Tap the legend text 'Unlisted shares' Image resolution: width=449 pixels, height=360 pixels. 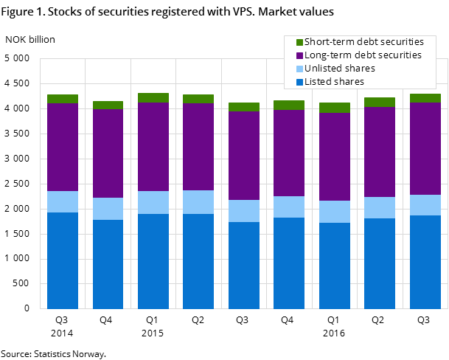coord(340,69)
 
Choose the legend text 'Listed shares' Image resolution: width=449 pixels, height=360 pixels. coord(334,82)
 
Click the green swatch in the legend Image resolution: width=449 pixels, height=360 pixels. coord(299,42)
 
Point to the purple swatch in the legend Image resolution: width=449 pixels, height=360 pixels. coord(299,55)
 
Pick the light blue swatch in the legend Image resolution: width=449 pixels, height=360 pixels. coord(299,69)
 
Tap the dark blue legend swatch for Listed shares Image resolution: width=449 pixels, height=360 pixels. coord(299,82)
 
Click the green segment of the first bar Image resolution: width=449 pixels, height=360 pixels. coord(63,99)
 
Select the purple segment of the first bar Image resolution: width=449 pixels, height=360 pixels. coord(63,147)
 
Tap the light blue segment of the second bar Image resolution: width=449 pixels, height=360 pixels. coord(108,209)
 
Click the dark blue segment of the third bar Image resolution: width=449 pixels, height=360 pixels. coord(153,261)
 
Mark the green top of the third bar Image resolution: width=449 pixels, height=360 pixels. coord(153,97)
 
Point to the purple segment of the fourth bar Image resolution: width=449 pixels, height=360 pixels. coord(198,147)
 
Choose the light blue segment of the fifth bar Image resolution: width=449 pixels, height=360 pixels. coord(244,211)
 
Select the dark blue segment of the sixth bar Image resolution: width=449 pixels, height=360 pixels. coord(289,263)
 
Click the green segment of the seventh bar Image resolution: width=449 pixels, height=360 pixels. coord(334,108)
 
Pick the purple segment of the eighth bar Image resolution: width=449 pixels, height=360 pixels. coord(380,152)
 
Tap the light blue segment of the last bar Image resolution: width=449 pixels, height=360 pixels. coord(425,205)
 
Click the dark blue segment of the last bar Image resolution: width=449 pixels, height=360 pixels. coord(425,262)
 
